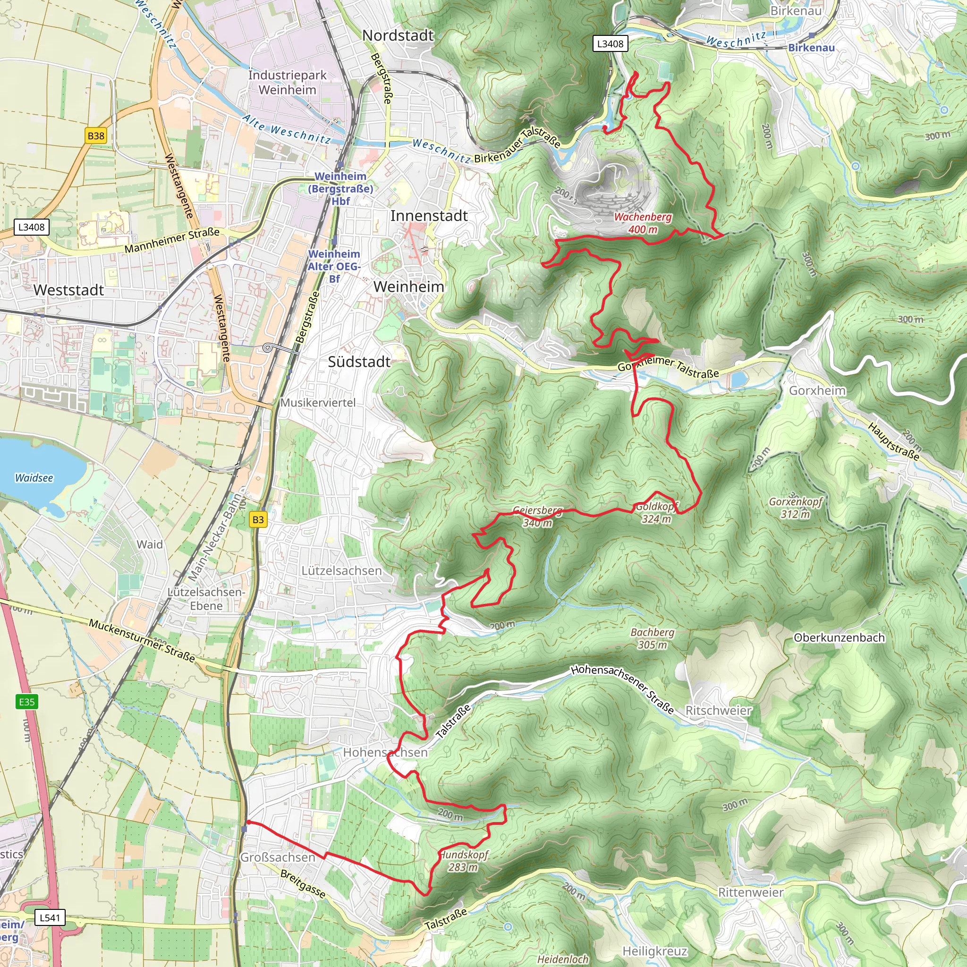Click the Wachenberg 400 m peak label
tap(643, 223)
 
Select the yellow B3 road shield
tap(258, 519)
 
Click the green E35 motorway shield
tap(26, 702)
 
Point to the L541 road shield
tap(50, 917)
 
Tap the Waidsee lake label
tap(34, 478)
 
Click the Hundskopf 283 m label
tap(464, 861)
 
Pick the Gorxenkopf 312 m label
tap(795, 508)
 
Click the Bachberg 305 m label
tap(652, 638)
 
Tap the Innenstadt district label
tap(429, 216)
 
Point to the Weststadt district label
tap(68, 290)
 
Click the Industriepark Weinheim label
tap(287, 83)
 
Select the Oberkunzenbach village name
tap(840, 637)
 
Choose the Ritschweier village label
tap(718, 710)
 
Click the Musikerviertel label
tap(318, 402)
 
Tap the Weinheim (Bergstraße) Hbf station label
tap(340, 189)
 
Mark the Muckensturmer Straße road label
tap(142, 640)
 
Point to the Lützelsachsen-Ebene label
tap(206, 599)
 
